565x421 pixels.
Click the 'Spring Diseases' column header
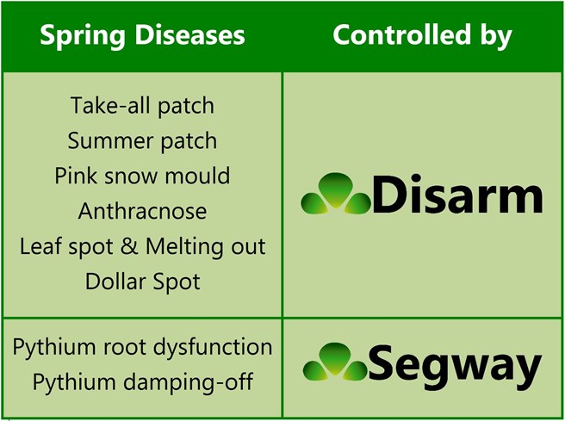click(x=142, y=36)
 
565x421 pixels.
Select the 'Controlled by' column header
click(x=422, y=35)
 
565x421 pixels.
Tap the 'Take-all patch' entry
click(x=142, y=106)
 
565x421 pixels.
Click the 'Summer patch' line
click(x=142, y=141)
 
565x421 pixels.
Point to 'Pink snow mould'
click(x=142, y=176)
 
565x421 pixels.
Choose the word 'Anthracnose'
click(x=142, y=211)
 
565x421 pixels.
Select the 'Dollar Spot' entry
click(x=142, y=282)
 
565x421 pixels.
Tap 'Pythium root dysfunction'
click(x=142, y=347)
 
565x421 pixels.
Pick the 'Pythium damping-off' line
click(x=142, y=381)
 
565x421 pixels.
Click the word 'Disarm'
click(x=456, y=195)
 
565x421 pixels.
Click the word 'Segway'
click(x=455, y=365)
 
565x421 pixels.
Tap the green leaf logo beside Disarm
click(x=336, y=194)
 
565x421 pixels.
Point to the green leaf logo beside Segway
click(x=335, y=362)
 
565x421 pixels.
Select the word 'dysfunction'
click(x=213, y=347)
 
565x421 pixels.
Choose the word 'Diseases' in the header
click(x=189, y=35)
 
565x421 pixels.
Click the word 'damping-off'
click(x=188, y=381)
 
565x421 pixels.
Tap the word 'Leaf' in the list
click(x=40, y=246)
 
